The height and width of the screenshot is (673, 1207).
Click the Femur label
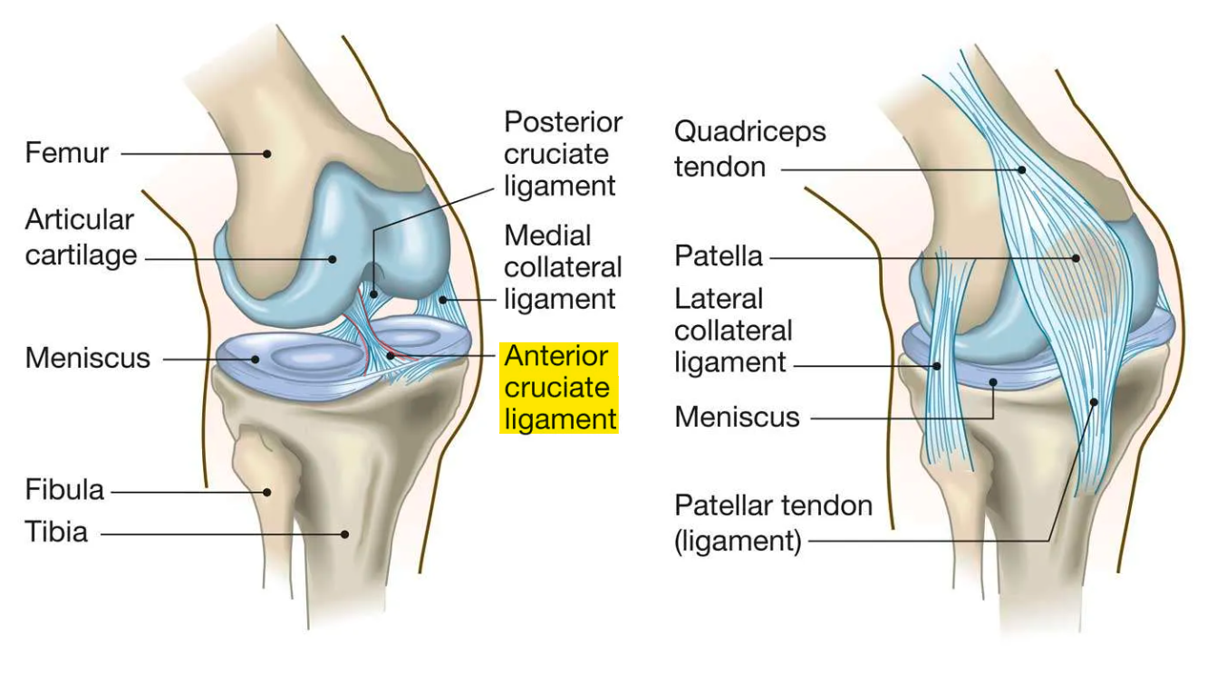(x=66, y=152)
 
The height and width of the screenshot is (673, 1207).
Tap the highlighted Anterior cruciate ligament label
(x=558, y=387)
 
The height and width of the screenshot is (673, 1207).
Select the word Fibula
(x=64, y=492)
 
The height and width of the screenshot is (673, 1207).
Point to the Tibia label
(x=56, y=532)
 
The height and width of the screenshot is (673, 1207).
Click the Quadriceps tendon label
(x=749, y=149)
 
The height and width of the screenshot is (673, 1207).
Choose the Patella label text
(x=719, y=256)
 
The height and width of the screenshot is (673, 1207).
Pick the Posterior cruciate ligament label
(x=562, y=154)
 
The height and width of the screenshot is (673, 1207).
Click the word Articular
(x=79, y=219)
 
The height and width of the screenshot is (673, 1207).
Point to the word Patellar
(x=724, y=505)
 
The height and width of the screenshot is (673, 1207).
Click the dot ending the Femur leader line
(x=267, y=154)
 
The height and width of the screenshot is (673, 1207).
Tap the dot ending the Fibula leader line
(x=267, y=493)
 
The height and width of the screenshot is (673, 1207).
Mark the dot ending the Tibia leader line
(x=345, y=534)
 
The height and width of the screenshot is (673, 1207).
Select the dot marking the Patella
(x=1077, y=258)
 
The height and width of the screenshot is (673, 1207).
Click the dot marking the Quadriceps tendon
(x=1022, y=168)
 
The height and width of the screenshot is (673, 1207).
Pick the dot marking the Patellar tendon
(x=1095, y=401)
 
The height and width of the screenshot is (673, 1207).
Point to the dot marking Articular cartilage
(x=333, y=259)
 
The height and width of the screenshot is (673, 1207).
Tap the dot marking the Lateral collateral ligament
(x=938, y=366)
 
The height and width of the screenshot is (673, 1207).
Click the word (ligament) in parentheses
(x=738, y=543)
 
